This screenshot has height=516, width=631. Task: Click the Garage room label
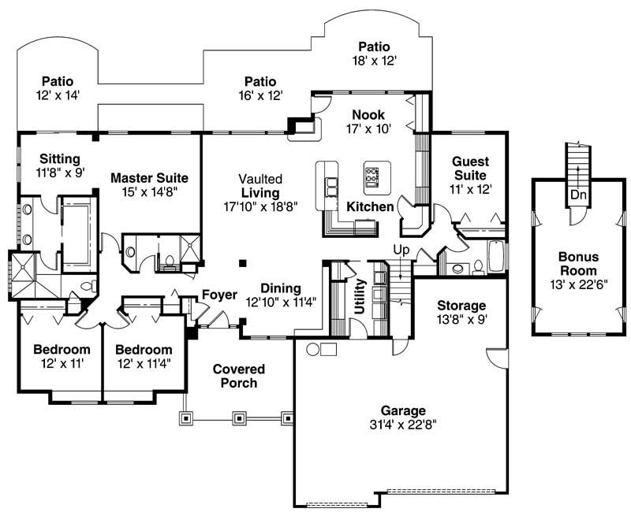(403, 410)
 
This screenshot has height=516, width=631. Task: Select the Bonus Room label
(578, 263)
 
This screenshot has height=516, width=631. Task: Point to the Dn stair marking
(578, 194)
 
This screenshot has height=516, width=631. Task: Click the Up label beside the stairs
(401, 250)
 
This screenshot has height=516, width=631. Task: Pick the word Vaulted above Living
(260, 180)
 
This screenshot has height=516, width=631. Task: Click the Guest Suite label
(470, 168)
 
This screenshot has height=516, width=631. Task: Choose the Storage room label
(461, 306)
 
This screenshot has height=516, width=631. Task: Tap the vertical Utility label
(360, 296)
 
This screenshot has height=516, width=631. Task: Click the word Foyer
(219, 295)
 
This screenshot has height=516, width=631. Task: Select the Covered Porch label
(238, 376)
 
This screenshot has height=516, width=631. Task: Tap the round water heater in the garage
(312, 349)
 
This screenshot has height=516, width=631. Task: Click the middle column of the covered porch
(237, 418)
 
